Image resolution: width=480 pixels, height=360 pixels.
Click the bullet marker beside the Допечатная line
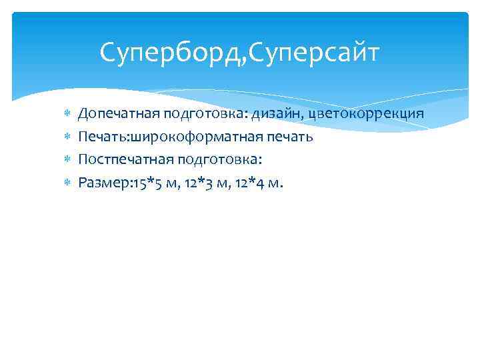coord(66,114)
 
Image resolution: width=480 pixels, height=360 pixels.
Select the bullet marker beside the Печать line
coord(66,137)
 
